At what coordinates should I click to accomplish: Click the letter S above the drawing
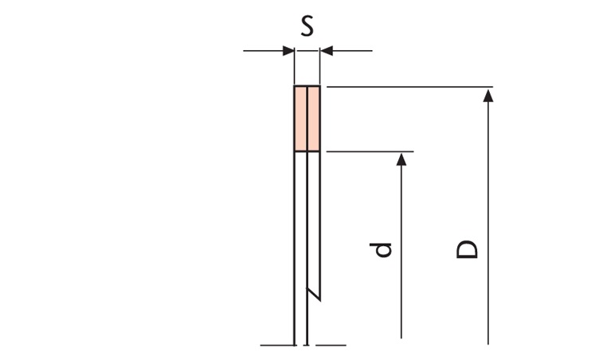pyautogui.click(x=307, y=26)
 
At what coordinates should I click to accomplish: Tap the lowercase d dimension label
pyautogui.click(x=380, y=249)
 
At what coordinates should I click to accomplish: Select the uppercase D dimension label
pyautogui.click(x=467, y=249)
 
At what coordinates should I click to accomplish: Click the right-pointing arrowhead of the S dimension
pyautogui.click(x=288, y=50)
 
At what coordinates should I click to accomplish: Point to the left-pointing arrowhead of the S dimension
pyautogui.click(x=326, y=50)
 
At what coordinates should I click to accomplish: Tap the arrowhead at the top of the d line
pyautogui.click(x=401, y=159)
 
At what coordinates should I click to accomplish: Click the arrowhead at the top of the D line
pyautogui.click(x=488, y=95)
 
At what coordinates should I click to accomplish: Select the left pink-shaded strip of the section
pyautogui.click(x=300, y=119)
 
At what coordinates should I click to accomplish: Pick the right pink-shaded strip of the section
pyautogui.click(x=314, y=119)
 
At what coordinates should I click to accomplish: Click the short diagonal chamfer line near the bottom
pyautogui.click(x=313, y=294)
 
